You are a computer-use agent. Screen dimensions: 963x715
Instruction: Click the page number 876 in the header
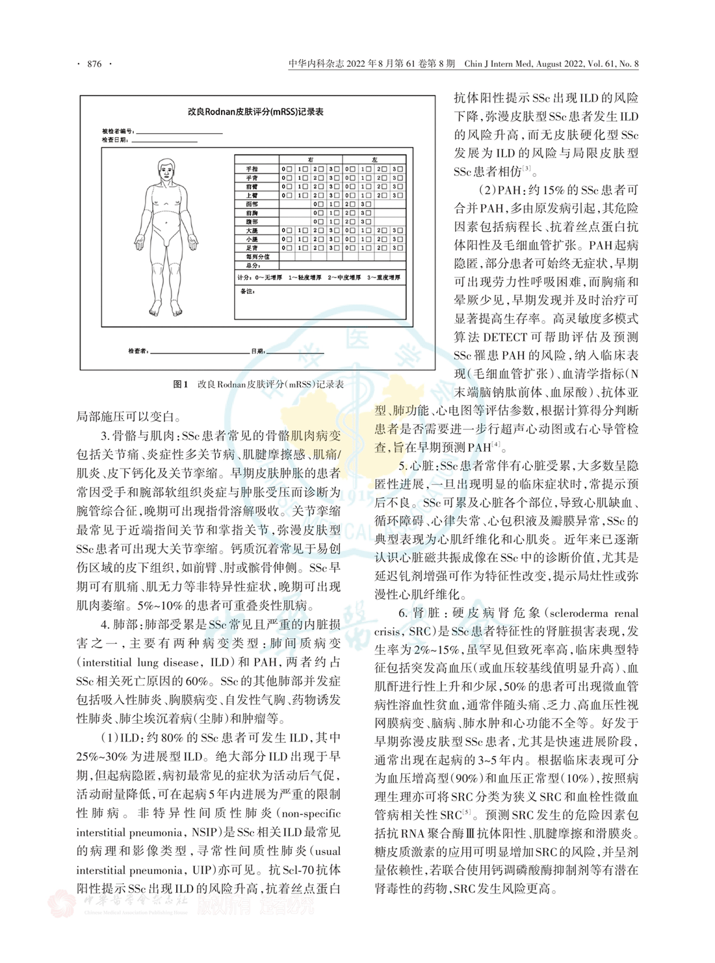pos(94,64)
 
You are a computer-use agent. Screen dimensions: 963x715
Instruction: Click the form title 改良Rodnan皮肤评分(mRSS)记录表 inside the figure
pos(256,112)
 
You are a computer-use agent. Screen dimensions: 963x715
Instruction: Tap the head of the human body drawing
pos(168,171)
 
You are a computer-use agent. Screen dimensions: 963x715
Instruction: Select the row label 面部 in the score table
pos(252,204)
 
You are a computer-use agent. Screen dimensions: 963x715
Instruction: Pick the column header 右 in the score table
pos(311,159)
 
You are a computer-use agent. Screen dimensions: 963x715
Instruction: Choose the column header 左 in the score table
pos(374,159)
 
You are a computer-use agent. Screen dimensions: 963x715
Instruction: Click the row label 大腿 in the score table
pos(252,231)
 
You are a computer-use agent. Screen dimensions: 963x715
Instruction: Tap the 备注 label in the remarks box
pos(248,292)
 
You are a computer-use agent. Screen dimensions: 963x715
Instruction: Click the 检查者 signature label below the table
pos(138,352)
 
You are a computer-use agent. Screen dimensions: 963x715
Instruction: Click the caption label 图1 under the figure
pos(180,385)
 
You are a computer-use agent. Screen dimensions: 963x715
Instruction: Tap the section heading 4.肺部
pos(120,624)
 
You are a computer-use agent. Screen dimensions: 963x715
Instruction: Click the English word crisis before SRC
pos(388,632)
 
